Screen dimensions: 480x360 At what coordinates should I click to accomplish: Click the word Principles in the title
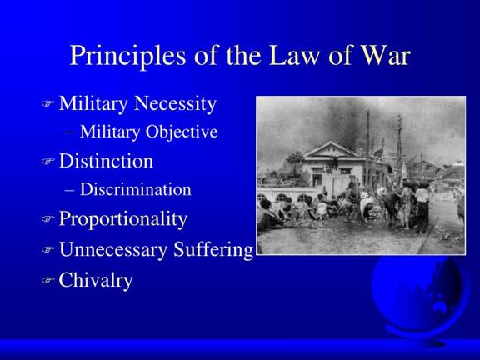click(127, 56)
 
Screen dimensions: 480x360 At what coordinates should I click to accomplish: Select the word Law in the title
click(293, 55)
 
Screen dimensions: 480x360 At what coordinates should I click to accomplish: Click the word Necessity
click(175, 104)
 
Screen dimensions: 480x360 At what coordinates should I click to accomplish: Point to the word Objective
click(182, 132)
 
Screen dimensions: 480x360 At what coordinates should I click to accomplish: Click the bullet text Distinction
click(106, 161)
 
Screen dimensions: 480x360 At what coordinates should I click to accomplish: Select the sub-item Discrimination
click(136, 189)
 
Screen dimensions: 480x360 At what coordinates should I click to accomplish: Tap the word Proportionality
click(123, 219)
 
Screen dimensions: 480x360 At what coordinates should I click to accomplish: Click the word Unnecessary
click(113, 250)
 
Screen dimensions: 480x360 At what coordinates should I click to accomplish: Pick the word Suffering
click(213, 249)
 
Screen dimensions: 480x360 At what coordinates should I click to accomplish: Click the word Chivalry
click(96, 280)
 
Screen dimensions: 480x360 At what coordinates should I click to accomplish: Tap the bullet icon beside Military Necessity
click(47, 103)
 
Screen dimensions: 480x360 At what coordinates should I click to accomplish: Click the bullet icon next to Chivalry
click(47, 279)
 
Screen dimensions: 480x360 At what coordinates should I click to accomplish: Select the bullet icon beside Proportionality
click(47, 218)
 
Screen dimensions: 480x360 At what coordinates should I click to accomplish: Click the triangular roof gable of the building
click(331, 150)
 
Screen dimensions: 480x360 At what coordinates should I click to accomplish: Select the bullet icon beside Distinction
click(47, 161)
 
